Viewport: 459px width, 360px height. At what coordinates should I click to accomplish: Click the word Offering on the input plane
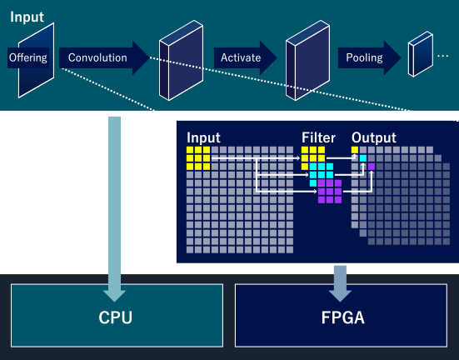tap(28, 57)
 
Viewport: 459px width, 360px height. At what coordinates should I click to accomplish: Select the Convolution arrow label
tap(97, 57)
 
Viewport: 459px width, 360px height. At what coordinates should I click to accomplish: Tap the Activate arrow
tap(245, 57)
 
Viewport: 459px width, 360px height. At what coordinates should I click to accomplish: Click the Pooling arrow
tap(369, 57)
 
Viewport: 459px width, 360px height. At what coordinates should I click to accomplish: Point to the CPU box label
tap(115, 317)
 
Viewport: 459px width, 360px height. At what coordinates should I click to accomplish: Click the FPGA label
tap(342, 317)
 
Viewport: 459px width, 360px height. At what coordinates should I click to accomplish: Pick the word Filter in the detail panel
tap(318, 137)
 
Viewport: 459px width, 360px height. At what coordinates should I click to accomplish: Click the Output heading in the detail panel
tap(374, 137)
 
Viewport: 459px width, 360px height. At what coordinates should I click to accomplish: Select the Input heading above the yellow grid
tap(203, 138)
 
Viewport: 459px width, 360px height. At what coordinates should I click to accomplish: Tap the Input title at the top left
tap(27, 17)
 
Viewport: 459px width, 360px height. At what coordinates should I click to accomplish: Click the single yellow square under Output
tap(355, 150)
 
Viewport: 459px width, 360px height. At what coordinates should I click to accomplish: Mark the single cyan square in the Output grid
tap(363, 158)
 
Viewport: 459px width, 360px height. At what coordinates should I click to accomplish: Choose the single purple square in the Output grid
tap(372, 167)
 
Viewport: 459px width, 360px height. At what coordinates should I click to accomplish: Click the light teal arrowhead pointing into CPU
tap(114, 296)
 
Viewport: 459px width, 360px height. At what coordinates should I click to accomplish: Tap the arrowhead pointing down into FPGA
tap(340, 296)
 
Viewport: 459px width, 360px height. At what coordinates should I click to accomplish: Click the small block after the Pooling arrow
tap(421, 54)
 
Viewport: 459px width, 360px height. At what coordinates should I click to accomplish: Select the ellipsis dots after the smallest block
tap(442, 56)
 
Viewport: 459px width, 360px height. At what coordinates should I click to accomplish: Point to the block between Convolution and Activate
tap(182, 60)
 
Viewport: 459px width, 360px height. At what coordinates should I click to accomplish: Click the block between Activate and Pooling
tap(307, 60)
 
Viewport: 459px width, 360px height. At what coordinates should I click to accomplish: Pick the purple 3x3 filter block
tap(330, 192)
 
